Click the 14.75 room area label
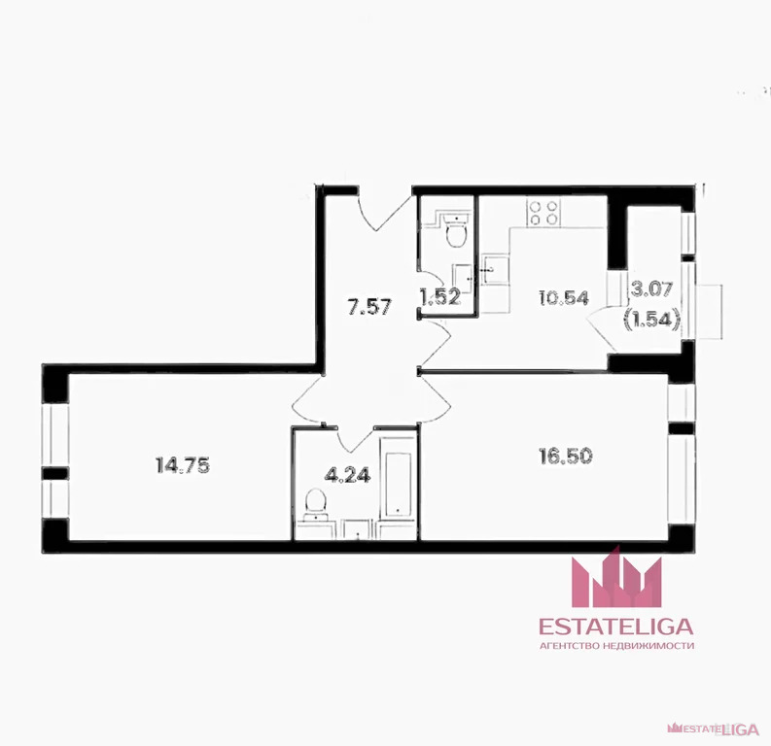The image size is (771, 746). (x=183, y=465)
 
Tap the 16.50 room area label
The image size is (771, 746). (x=566, y=457)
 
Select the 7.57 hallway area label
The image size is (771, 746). (x=369, y=307)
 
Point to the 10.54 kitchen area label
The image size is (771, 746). (x=564, y=297)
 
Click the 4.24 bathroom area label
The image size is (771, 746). (x=348, y=475)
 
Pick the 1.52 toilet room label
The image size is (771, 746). (x=440, y=296)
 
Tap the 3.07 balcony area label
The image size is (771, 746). (x=651, y=288)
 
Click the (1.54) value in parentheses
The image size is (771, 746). (x=652, y=320)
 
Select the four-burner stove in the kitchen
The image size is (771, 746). (x=543, y=212)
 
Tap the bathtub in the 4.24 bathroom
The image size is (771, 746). (x=398, y=476)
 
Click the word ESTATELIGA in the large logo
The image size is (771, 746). (x=616, y=627)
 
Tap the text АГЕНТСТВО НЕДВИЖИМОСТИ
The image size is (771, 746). (x=616, y=646)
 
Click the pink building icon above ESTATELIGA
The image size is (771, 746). (x=616, y=578)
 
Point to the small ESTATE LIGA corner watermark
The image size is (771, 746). (x=713, y=729)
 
